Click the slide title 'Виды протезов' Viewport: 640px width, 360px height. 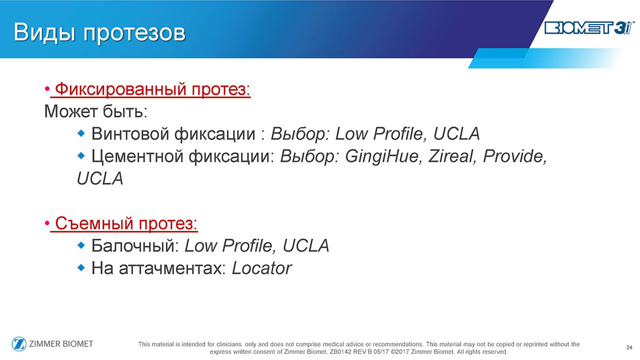tap(100, 32)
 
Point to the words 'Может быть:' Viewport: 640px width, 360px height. tap(96, 111)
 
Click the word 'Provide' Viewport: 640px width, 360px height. tap(515, 156)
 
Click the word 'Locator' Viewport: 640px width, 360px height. tap(262, 268)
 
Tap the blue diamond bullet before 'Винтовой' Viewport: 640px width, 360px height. tap(81, 133)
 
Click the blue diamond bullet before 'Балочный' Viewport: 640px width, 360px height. tap(81, 245)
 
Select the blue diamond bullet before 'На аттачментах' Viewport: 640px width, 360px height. tap(81, 267)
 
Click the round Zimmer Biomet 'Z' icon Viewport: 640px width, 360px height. tap(19, 344)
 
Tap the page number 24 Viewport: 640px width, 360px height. tap(629, 347)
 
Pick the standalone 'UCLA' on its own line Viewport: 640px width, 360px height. tap(100, 179)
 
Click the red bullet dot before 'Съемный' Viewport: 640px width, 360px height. tap(47, 223)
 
